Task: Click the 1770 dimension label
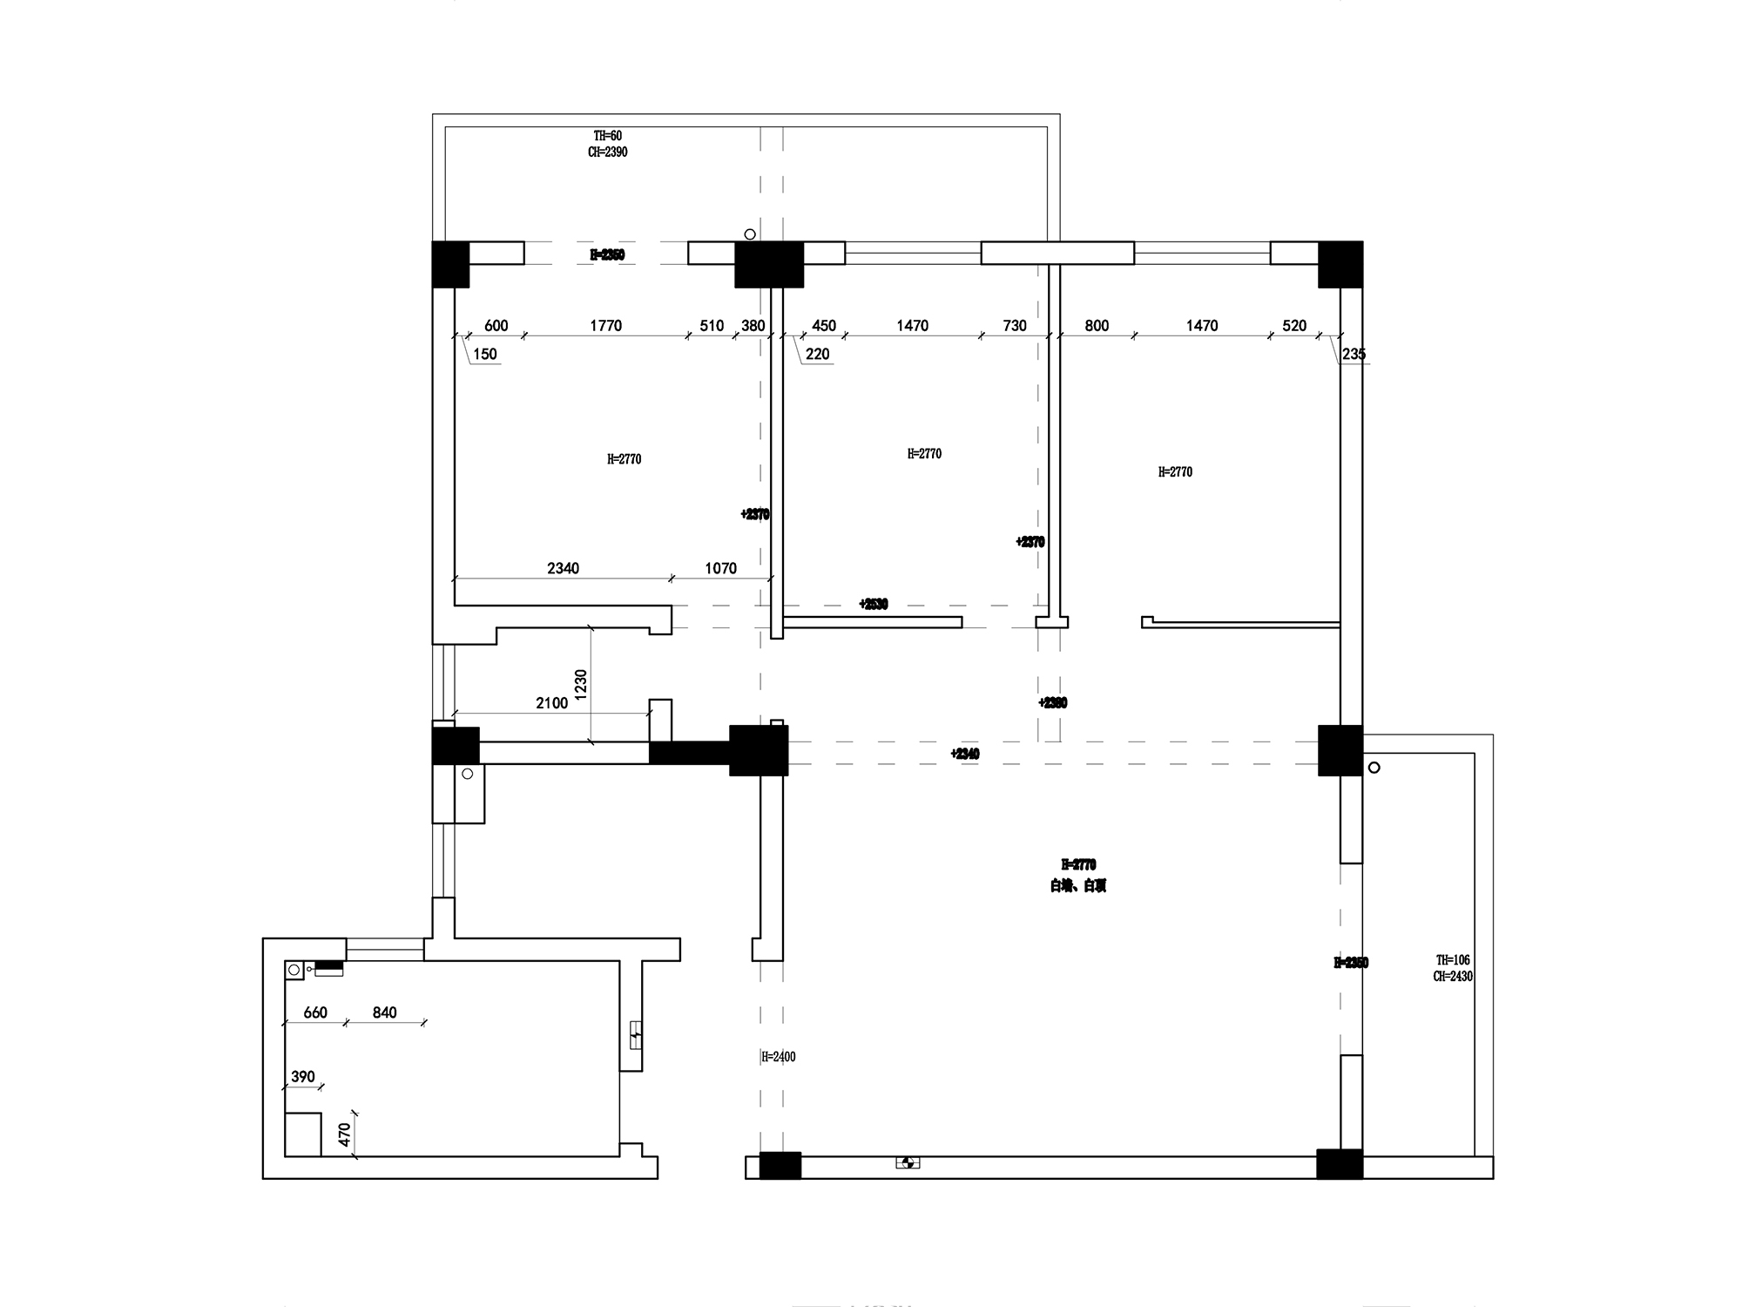click(605, 325)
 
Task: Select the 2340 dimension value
click(563, 568)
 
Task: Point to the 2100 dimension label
click(551, 703)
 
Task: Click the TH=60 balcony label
click(607, 136)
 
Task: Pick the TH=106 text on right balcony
click(1453, 960)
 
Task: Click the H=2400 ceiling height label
click(778, 1057)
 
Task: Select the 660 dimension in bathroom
click(315, 1012)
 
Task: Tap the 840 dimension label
click(384, 1012)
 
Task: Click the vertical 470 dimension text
click(344, 1134)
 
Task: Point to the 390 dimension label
click(303, 1077)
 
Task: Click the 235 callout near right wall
click(1354, 354)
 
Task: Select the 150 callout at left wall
click(485, 354)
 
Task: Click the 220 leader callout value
click(817, 354)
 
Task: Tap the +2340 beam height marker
click(965, 754)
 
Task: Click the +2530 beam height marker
click(873, 604)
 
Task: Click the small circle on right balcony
click(1374, 768)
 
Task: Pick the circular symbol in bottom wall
click(907, 1162)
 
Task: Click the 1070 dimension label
click(720, 568)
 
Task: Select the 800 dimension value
click(1097, 325)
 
